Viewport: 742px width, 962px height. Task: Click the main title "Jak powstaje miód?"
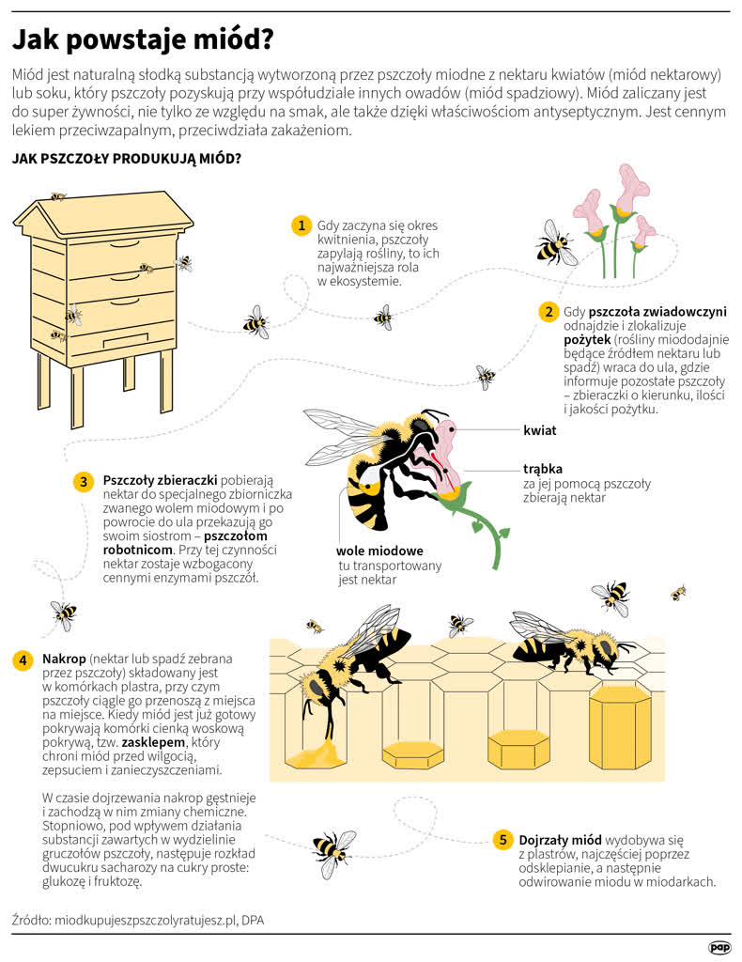[x=143, y=39]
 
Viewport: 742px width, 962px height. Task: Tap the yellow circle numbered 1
[x=301, y=225]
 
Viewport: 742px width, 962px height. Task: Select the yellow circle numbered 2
[x=549, y=312]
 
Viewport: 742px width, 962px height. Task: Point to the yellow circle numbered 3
[x=84, y=481]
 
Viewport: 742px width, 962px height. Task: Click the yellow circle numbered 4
[x=23, y=660]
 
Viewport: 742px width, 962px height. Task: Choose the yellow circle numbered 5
[x=502, y=840]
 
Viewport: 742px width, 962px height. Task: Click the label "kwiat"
[x=540, y=430]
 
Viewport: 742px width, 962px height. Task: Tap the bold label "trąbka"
[x=543, y=470]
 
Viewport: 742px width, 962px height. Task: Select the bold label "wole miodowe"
[x=379, y=551]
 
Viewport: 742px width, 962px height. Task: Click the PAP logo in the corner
[x=719, y=948]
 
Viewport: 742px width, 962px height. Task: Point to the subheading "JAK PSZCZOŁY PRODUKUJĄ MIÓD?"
[x=127, y=159]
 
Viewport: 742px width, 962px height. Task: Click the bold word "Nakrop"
[x=64, y=659]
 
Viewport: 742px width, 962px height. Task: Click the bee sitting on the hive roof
[x=58, y=196]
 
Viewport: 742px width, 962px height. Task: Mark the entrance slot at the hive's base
[x=126, y=340]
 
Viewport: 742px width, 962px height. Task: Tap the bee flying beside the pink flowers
[x=556, y=243]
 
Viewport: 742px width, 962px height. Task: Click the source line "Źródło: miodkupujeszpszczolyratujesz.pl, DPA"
[x=138, y=921]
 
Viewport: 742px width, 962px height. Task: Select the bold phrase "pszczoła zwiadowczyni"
[x=657, y=312]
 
